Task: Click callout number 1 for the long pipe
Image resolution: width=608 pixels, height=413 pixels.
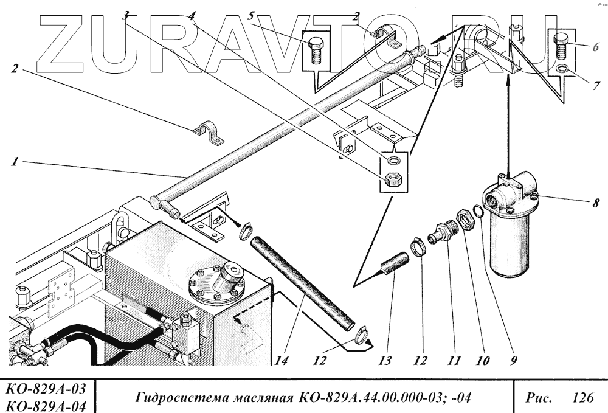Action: pos(13,162)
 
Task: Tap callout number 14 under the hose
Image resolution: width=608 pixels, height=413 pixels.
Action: pos(281,360)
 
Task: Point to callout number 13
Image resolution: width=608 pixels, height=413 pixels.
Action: pos(384,360)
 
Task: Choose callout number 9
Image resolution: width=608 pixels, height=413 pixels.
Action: pos(514,360)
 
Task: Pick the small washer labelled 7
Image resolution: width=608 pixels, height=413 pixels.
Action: pos(562,69)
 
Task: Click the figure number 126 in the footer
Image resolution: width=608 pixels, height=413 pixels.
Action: pos(582,399)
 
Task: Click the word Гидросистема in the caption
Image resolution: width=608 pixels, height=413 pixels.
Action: pos(177,399)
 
